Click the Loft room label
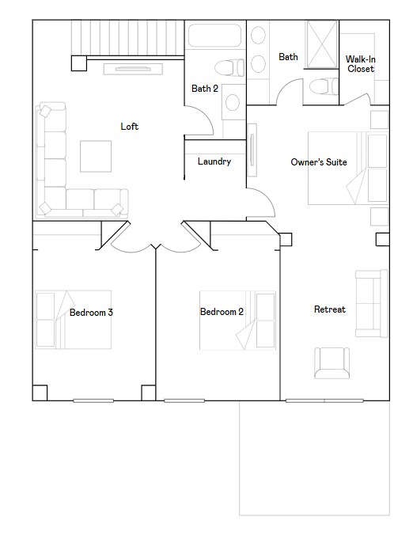tap(130, 127)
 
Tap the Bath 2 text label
tap(204, 89)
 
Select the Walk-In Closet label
tap(361, 64)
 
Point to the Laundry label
tap(214, 161)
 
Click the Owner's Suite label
tap(319, 162)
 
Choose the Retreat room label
tap(330, 309)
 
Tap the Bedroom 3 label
tap(91, 313)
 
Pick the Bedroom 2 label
tap(222, 312)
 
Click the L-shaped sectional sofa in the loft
tap(55, 174)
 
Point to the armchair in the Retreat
tap(332, 362)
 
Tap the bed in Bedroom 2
tap(237, 321)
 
